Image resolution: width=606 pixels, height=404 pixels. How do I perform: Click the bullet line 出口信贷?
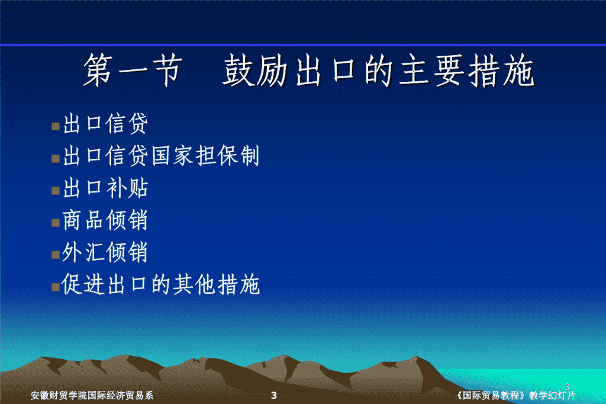pyautogui.click(x=105, y=124)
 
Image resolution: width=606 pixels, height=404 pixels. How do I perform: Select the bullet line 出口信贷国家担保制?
pyautogui.click(x=161, y=156)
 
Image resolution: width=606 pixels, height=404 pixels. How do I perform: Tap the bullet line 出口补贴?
pyautogui.click(x=105, y=188)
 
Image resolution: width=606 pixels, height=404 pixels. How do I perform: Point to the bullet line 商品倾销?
pyautogui.click(x=105, y=220)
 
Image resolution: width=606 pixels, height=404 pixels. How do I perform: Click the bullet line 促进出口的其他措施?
pyautogui.click(x=161, y=284)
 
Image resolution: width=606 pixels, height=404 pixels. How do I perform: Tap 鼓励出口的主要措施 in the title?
pyautogui.click(x=378, y=70)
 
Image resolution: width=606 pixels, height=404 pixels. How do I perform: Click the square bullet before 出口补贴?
pyautogui.click(x=56, y=190)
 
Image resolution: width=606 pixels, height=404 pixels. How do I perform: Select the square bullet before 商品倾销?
pyautogui.click(x=56, y=223)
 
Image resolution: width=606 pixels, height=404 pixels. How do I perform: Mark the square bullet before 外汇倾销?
pyautogui.click(x=56, y=255)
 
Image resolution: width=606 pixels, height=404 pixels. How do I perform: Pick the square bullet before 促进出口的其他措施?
pyautogui.click(x=56, y=287)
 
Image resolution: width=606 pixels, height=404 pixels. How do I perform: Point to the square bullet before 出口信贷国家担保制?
pyautogui.click(x=56, y=158)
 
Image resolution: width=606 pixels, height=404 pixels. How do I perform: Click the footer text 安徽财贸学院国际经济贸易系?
pyautogui.click(x=92, y=395)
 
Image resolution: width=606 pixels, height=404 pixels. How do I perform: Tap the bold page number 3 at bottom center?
pyautogui.click(x=273, y=395)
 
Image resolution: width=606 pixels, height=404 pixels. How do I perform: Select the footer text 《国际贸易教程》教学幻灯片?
pyautogui.click(x=515, y=395)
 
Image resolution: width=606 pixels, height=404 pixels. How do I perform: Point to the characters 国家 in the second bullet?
pyautogui.click(x=172, y=156)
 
